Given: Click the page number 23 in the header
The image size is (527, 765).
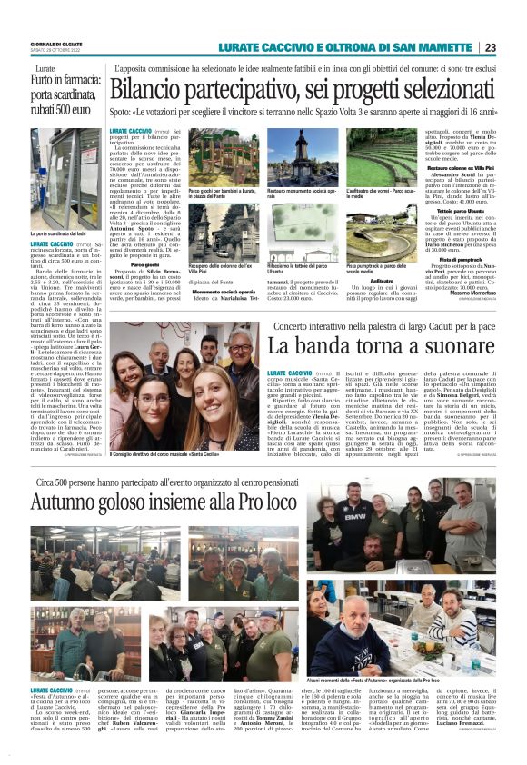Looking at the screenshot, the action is click(490, 48).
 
